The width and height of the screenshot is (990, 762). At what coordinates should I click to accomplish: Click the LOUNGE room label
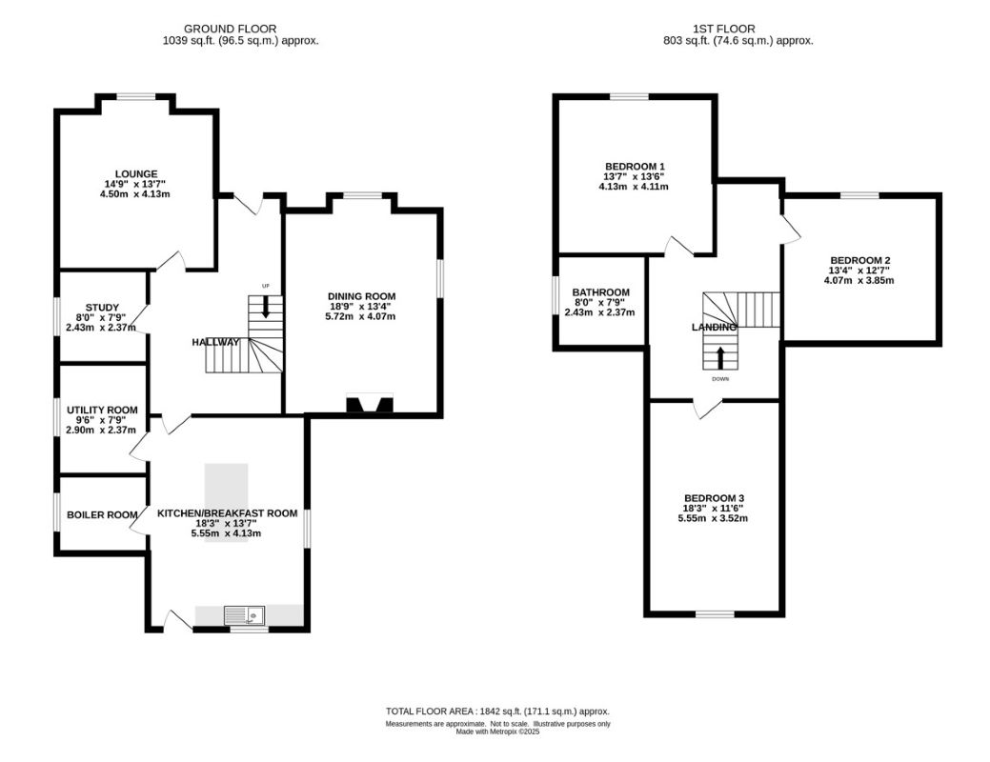[x=135, y=174]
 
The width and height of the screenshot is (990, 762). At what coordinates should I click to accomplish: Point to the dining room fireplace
[x=370, y=404]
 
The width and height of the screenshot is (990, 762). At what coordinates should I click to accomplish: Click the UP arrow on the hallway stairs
[x=265, y=307]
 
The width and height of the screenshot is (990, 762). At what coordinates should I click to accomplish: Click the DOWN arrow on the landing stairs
[x=720, y=357]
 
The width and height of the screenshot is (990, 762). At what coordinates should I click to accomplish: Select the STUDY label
[x=102, y=308]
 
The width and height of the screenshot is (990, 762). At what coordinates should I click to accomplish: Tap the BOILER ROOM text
[x=102, y=515]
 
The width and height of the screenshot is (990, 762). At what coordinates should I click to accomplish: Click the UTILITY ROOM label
[x=102, y=411]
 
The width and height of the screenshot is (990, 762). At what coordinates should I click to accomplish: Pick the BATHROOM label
[x=600, y=292]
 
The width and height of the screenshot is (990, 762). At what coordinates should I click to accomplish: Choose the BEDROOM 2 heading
[x=859, y=260]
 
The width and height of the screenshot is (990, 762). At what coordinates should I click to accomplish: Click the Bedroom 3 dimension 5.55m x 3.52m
[x=713, y=518]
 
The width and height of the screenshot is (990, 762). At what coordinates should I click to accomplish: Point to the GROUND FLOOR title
[x=230, y=29]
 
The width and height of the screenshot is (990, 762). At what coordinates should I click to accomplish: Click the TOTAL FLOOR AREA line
[x=497, y=712]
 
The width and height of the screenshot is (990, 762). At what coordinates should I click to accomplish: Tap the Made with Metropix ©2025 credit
[x=497, y=732]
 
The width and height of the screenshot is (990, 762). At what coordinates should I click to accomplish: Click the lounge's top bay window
[x=135, y=96]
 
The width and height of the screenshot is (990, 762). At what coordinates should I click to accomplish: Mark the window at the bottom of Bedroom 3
[x=715, y=613]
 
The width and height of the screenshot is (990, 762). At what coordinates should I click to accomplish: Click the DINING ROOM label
[x=362, y=296]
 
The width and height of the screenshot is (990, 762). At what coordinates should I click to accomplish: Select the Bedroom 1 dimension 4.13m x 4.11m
[x=634, y=187]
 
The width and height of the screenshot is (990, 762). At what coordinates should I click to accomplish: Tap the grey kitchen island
[x=226, y=503]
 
